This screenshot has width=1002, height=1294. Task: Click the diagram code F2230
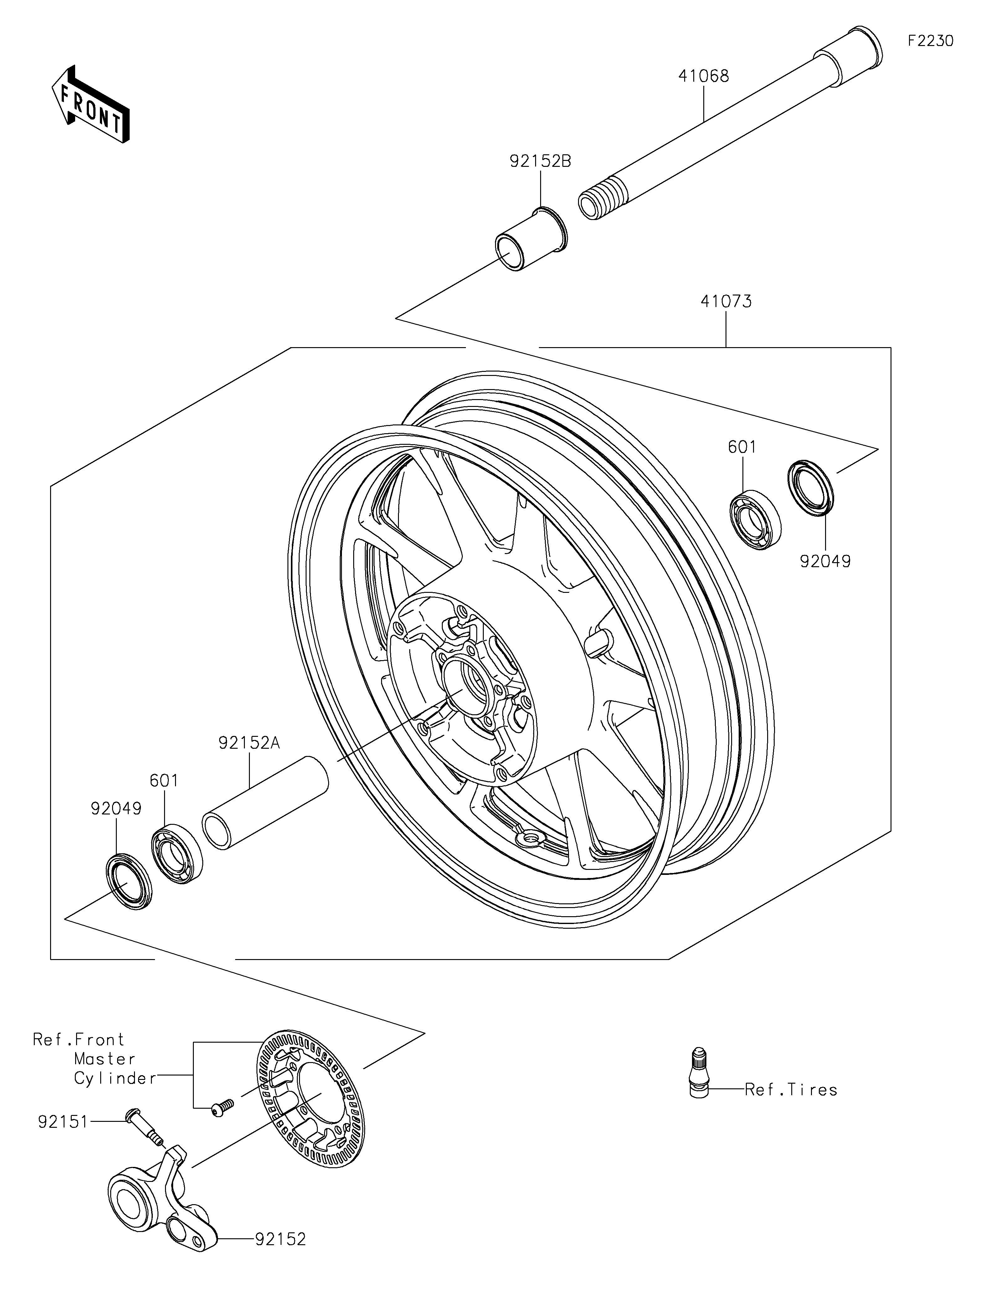(x=930, y=41)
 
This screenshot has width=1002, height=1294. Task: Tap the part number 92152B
(x=540, y=161)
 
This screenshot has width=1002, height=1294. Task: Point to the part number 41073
(x=726, y=301)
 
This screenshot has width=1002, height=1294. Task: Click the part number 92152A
(x=249, y=743)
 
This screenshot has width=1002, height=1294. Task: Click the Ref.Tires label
(x=790, y=1090)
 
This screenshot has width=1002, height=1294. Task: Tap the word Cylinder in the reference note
(x=114, y=1078)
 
